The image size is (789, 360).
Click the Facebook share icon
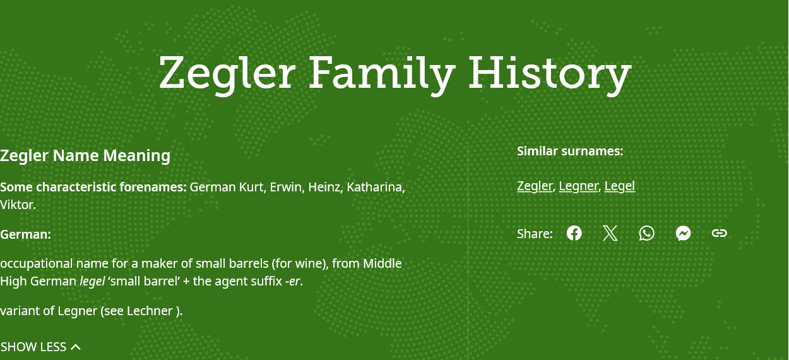coord(574,234)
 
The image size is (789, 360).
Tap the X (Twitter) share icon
coord(610,234)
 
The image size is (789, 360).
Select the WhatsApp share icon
coord(647,234)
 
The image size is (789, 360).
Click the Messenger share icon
coord(684,234)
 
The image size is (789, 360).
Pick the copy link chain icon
coord(720,233)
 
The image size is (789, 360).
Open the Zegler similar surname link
coord(535,186)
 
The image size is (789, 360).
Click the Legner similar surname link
coord(578,186)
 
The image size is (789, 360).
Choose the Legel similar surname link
coord(620,186)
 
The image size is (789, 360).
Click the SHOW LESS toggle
coord(40,347)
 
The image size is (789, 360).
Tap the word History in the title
coord(550,73)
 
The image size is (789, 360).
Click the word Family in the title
coord(382,73)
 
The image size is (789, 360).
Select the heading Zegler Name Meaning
coord(85,156)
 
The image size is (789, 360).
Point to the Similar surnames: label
coord(570,152)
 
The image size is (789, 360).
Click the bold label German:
coord(26,234)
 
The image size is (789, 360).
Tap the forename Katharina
coord(376,187)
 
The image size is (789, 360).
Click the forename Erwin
coord(286,187)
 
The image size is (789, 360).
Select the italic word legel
coord(92,282)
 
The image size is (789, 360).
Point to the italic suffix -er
coord(293,282)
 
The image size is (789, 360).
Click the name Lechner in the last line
coord(150,311)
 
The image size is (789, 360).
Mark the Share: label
coord(535,234)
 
